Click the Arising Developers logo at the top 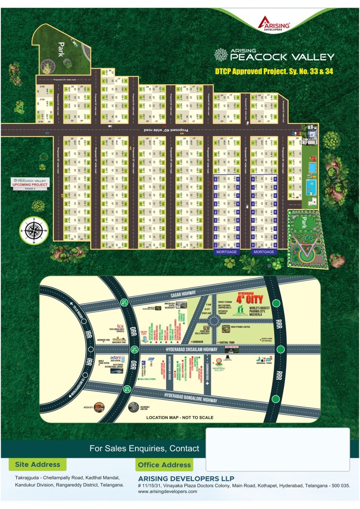[274, 23]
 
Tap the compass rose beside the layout [33, 230]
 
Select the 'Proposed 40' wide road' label [167, 129]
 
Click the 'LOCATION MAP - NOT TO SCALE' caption [180, 418]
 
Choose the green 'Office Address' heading [163, 465]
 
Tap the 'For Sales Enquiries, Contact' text [144, 448]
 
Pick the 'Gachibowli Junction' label [143, 409]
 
